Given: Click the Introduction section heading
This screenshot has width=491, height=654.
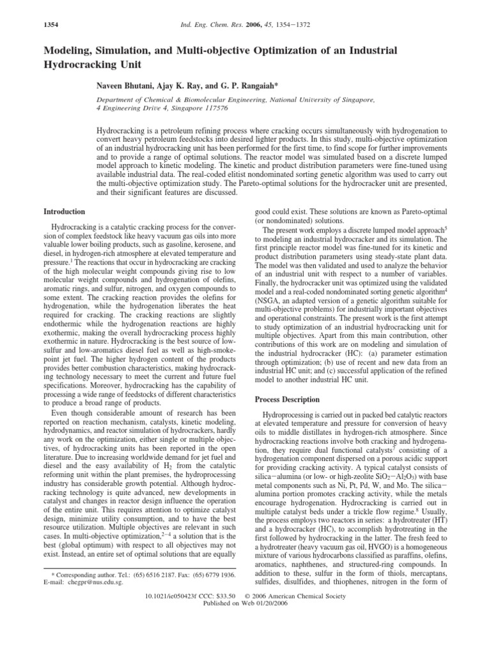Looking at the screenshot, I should pos(65,211).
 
